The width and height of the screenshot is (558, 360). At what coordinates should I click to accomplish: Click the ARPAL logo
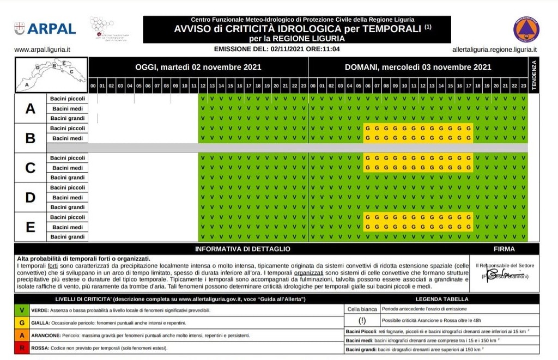(45, 28)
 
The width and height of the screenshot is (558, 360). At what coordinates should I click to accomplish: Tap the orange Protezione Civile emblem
(526, 29)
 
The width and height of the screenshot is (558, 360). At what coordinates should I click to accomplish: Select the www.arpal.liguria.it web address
(43, 50)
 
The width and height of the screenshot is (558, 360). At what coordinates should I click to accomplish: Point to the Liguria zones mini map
(51, 75)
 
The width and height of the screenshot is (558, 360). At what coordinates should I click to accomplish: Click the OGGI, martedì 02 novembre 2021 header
(198, 68)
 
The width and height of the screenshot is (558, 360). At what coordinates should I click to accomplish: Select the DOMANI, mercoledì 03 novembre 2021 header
(418, 68)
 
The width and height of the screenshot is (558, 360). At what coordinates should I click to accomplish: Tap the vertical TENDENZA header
(533, 75)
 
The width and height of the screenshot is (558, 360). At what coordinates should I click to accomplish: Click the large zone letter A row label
(31, 108)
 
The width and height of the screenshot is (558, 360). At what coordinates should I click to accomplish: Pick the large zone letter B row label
(31, 138)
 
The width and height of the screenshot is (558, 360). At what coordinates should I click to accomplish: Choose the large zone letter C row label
(31, 168)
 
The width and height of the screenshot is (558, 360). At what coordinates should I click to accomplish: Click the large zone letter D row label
(31, 197)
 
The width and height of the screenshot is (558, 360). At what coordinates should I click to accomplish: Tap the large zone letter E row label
(31, 227)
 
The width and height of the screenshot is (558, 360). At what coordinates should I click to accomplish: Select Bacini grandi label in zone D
(68, 207)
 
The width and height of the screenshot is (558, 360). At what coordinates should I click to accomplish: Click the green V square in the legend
(22, 309)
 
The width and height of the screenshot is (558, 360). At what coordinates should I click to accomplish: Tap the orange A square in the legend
(22, 335)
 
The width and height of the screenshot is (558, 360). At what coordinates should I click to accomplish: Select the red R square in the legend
(22, 348)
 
